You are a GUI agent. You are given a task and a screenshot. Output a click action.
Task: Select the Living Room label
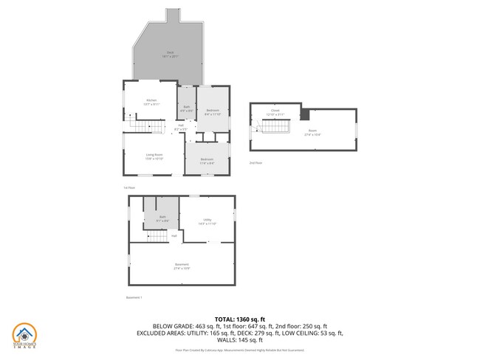tap(154, 156)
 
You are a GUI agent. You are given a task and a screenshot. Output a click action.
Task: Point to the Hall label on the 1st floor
tap(180, 126)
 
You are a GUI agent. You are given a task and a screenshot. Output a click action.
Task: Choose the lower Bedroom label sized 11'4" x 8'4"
tap(207, 160)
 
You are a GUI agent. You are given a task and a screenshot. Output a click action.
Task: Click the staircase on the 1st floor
tap(151, 128)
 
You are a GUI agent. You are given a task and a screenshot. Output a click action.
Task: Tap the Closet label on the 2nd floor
tap(275, 112)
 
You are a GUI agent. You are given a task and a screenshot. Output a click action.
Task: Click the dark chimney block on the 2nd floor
tap(304, 114)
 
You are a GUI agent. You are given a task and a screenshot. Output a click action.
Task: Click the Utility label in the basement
tap(208, 221)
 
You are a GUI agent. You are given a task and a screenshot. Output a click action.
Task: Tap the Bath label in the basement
tap(162, 219)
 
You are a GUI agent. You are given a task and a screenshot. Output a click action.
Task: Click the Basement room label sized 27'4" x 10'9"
tap(182, 266)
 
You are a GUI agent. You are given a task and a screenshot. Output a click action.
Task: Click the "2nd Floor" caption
tap(255, 162)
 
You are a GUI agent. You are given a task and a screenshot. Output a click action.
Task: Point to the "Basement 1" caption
tap(134, 297)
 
